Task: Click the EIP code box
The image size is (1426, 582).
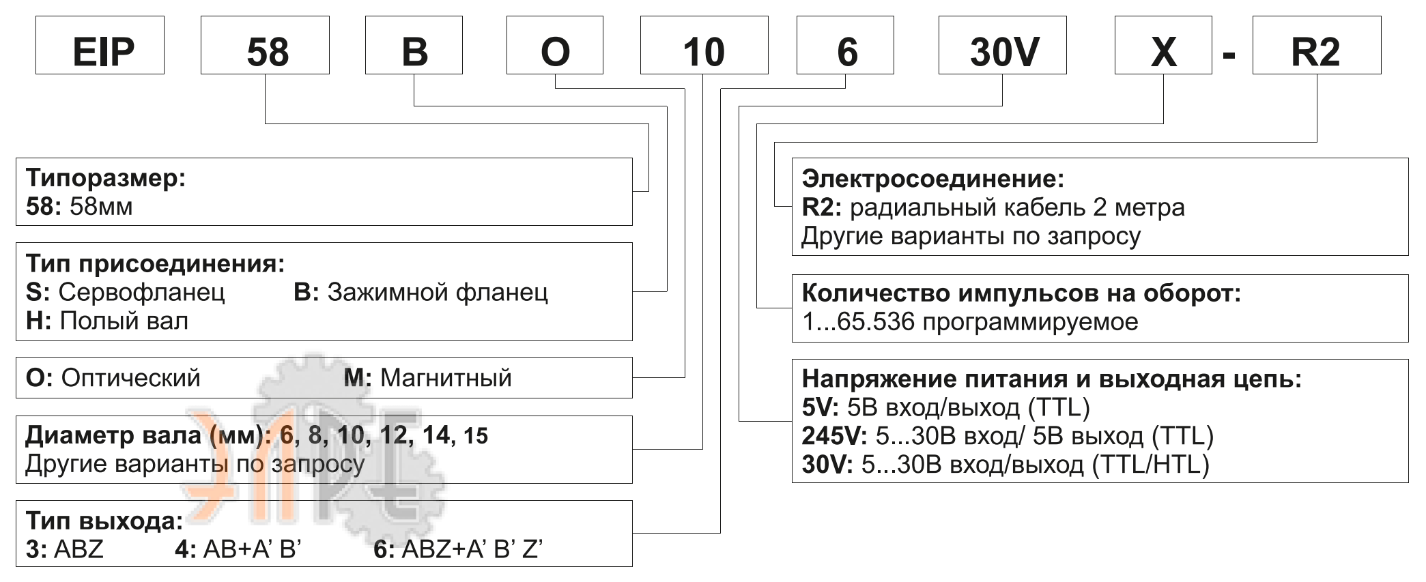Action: coord(100,45)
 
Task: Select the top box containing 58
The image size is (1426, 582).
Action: coord(265,45)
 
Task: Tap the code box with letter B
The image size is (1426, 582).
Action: coord(414,45)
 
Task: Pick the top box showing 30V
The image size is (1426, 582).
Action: coord(1002,45)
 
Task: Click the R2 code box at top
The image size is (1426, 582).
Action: coord(1316,45)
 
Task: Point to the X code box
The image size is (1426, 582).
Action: coord(1163,45)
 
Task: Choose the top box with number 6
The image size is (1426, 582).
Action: coord(845,45)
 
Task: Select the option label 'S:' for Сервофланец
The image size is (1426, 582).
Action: coord(38,292)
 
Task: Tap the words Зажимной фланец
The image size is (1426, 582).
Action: coord(438,292)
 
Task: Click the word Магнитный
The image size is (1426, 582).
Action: coord(446,377)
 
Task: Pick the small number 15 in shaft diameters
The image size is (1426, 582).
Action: coord(476,436)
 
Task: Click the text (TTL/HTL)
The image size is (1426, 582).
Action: coord(1151,465)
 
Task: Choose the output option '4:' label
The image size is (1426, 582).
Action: coord(185,549)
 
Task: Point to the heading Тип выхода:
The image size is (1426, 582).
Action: coord(104,521)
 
